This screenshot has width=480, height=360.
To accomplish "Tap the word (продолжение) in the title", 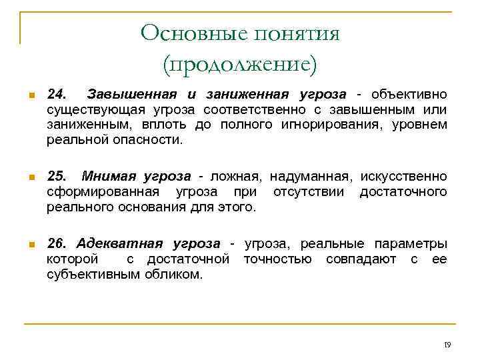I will point(240,64).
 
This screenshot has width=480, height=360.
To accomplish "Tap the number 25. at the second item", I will point(59,177).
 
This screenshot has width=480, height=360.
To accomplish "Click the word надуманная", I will point(310,177).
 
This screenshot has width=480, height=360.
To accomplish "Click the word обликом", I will point(174,275).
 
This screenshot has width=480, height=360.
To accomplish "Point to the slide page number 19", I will point(447,345).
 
